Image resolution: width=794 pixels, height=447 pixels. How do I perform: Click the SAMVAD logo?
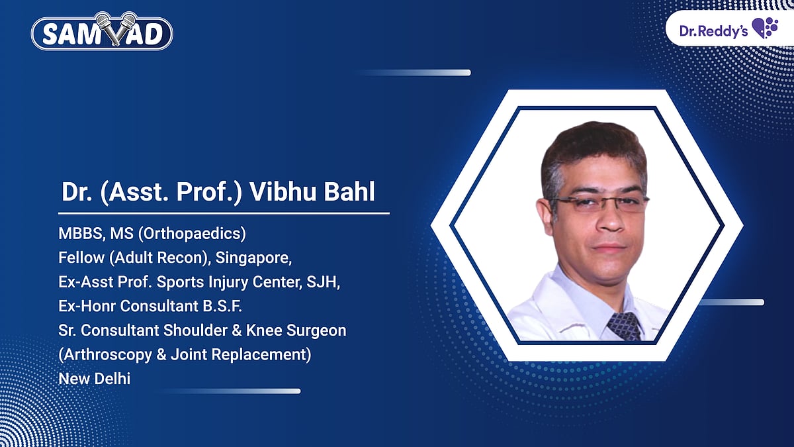coord(103,34)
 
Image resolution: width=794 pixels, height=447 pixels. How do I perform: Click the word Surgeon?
coord(318,330)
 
